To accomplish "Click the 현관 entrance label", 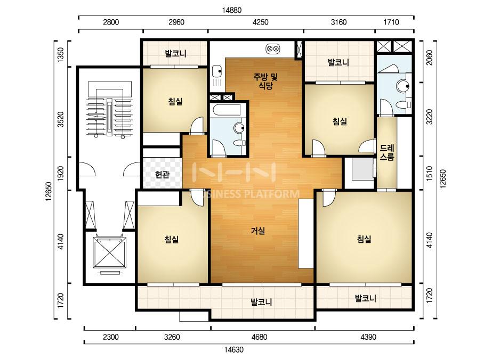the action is click(x=162, y=174).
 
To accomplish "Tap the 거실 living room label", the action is click(x=258, y=231).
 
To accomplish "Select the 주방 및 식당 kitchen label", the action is click(x=266, y=81).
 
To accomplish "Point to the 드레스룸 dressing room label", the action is click(x=386, y=152).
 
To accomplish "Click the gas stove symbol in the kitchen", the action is click(x=273, y=48).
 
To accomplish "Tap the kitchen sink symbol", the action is click(x=216, y=71).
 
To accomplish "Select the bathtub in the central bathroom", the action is click(x=227, y=110).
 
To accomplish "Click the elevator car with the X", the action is click(x=109, y=253).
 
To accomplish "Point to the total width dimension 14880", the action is click(x=232, y=10).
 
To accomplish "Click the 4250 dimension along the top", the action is click(x=260, y=22).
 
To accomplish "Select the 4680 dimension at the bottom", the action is click(x=259, y=337).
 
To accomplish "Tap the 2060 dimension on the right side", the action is click(x=429, y=58).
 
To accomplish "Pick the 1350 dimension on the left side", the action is click(x=61, y=54).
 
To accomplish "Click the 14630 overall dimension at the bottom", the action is click(x=234, y=349).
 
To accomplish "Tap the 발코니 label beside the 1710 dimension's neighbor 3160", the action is click(x=338, y=62).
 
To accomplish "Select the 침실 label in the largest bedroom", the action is click(x=364, y=239).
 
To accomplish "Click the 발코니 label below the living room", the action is click(x=261, y=302).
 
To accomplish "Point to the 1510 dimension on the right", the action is click(x=429, y=173).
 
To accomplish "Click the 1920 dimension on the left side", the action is click(x=61, y=173).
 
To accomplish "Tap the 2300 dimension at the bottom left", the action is click(x=111, y=337).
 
